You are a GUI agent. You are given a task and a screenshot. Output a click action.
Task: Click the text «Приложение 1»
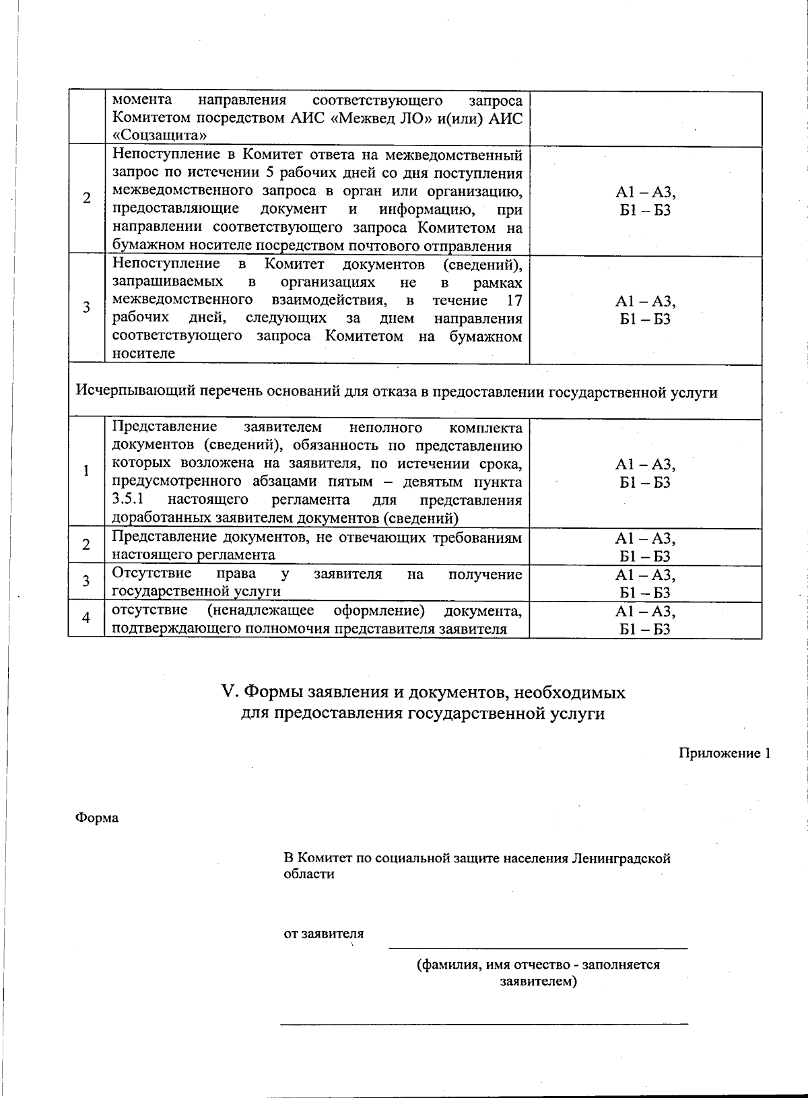(724, 753)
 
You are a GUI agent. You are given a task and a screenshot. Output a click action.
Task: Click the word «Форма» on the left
(97, 818)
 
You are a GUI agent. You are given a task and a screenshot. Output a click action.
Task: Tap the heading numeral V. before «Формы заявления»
(231, 692)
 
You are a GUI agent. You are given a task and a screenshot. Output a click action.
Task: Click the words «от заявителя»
(323, 934)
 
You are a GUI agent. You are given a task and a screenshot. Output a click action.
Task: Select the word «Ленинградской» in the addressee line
(621, 858)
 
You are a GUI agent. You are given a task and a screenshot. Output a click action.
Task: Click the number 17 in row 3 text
(514, 300)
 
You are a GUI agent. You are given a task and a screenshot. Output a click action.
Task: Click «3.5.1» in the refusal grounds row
(127, 500)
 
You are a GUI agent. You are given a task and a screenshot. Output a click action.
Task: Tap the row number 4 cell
(86, 617)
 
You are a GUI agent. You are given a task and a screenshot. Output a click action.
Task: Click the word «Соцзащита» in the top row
(159, 135)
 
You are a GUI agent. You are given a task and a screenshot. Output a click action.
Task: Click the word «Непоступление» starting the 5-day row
(159, 156)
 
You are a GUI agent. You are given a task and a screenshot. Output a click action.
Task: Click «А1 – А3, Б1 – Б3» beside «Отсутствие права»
(645, 583)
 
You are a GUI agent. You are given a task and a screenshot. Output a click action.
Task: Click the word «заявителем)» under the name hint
(538, 981)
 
